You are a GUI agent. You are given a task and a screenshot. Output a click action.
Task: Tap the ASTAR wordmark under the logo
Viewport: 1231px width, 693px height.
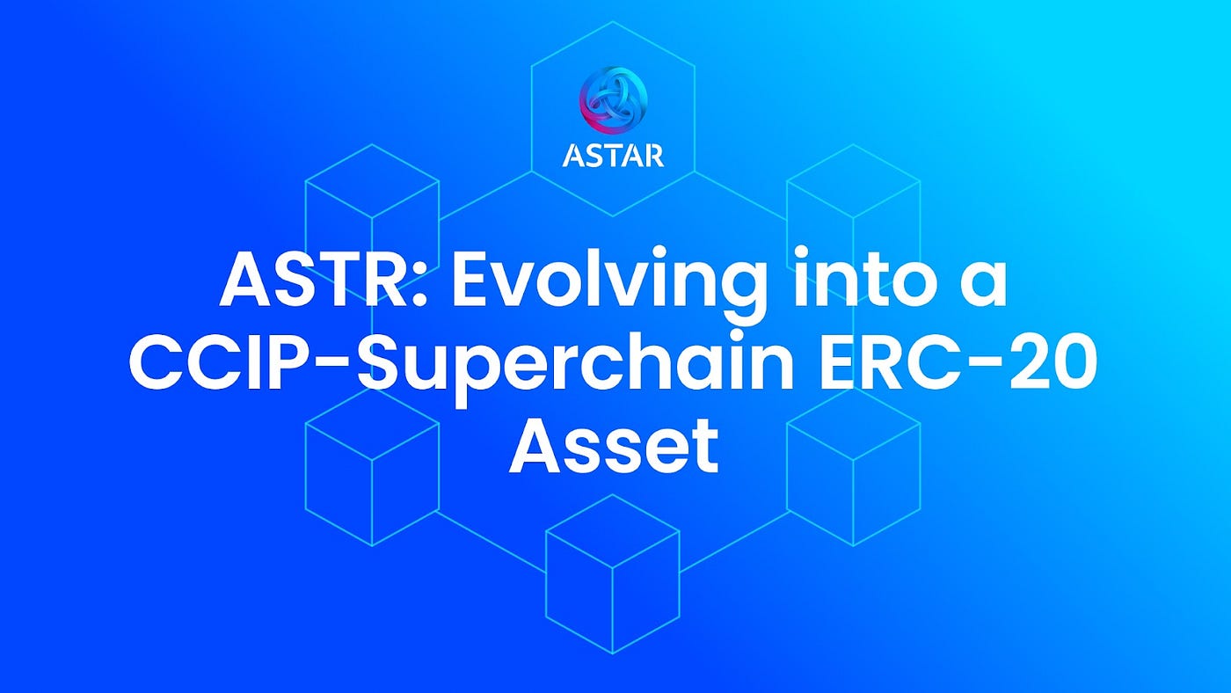(613, 155)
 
